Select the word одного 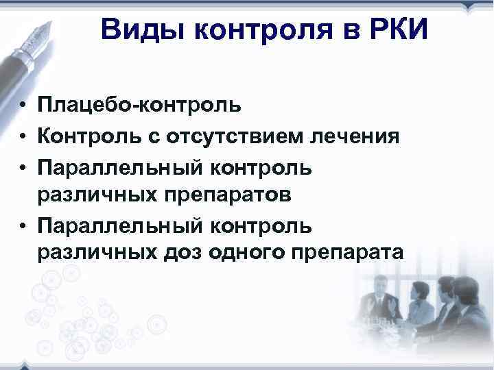[246, 254]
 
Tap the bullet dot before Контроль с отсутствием [23, 136]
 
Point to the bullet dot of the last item [23, 225]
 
